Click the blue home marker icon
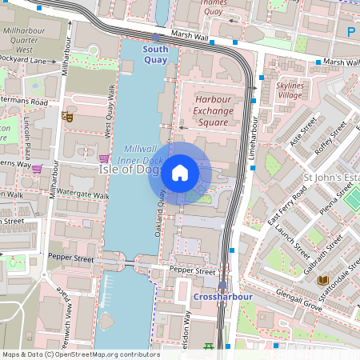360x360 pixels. [x=180, y=172]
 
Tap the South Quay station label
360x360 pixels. [x=155, y=54]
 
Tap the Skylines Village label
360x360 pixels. [x=289, y=90]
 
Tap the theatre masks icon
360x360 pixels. [x=68, y=117]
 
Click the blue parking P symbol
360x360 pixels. [x=351, y=32]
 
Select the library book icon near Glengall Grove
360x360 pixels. [x=323, y=280]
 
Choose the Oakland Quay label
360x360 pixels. [x=159, y=216]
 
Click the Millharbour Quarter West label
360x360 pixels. [x=28, y=38]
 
